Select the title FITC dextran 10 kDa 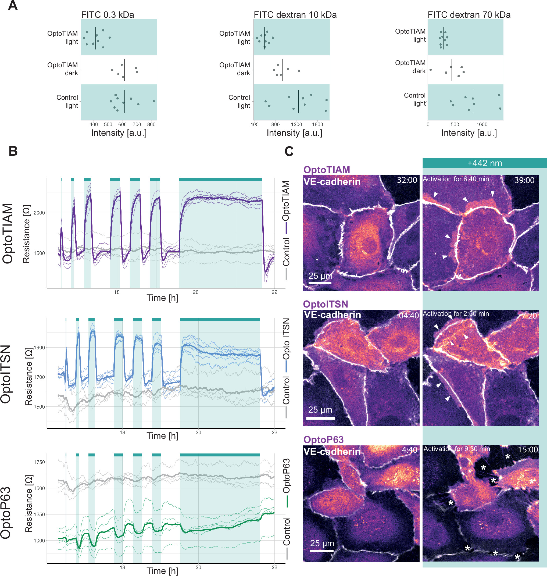pyautogui.click(x=295, y=15)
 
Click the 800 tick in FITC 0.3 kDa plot pyautogui.click(x=151, y=124)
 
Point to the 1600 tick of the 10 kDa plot pyautogui.click(x=317, y=124)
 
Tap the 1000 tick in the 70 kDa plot pyautogui.click(x=482, y=124)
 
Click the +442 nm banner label pyautogui.click(x=484, y=163)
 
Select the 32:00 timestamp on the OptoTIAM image pyautogui.click(x=407, y=180)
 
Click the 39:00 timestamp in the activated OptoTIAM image pyautogui.click(x=524, y=180)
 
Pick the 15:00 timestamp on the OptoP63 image pyautogui.click(x=527, y=449)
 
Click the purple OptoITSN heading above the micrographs pyautogui.click(x=326, y=304)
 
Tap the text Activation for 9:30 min pyautogui.click(x=456, y=449)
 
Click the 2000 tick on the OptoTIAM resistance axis pyautogui.click(x=39, y=213)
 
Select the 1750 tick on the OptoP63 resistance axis pyautogui.click(x=39, y=462)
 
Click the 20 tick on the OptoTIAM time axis pyautogui.click(x=195, y=292)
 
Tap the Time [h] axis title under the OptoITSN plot pyautogui.click(x=162, y=435)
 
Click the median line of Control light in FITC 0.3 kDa pyautogui.click(x=124, y=101)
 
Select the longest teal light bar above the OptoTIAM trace pyautogui.click(x=220, y=179)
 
